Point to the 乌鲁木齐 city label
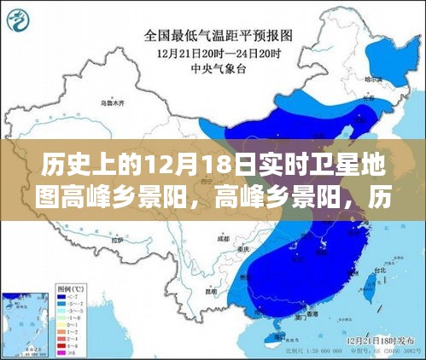point(108,103)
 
